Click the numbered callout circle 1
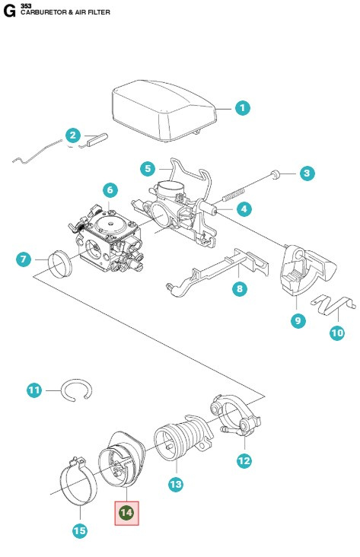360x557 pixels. tap(241, 108)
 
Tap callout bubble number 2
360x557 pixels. tap(73, 135)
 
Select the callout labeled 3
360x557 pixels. tap(306, 173)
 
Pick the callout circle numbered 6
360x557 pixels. tap(110, 189)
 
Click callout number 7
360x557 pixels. tap(24, 259)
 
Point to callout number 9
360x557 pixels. tap(298, 321)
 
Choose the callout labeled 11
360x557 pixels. tap(34, 390)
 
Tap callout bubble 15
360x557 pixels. tap(79, 530)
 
